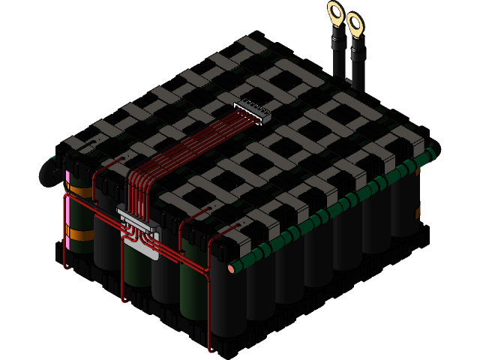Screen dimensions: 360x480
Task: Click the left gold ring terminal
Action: point(335,13)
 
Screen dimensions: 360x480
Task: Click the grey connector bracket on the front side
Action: point(139,229)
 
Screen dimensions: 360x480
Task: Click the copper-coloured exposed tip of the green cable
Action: point(231,268)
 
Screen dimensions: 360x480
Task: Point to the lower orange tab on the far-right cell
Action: point(418,213)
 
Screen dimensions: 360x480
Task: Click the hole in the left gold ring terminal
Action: point(335,10)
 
